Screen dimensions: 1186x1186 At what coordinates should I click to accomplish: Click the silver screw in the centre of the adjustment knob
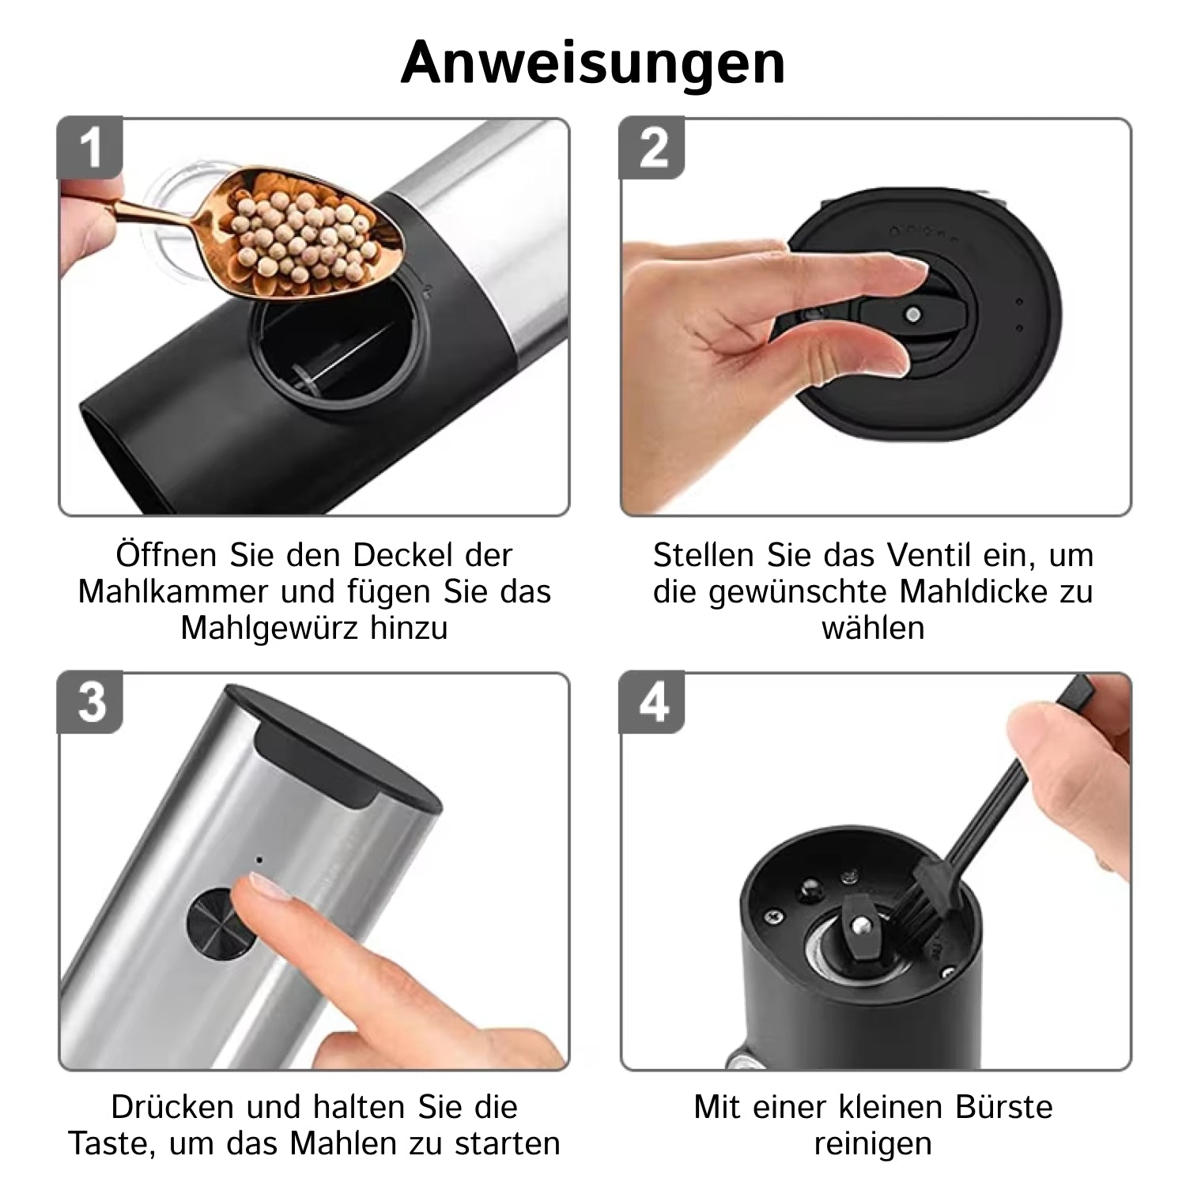[913, 314]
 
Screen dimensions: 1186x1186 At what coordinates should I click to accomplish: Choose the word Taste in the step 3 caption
[114, 1143]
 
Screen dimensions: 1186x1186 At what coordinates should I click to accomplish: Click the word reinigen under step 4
[873, 1144]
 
